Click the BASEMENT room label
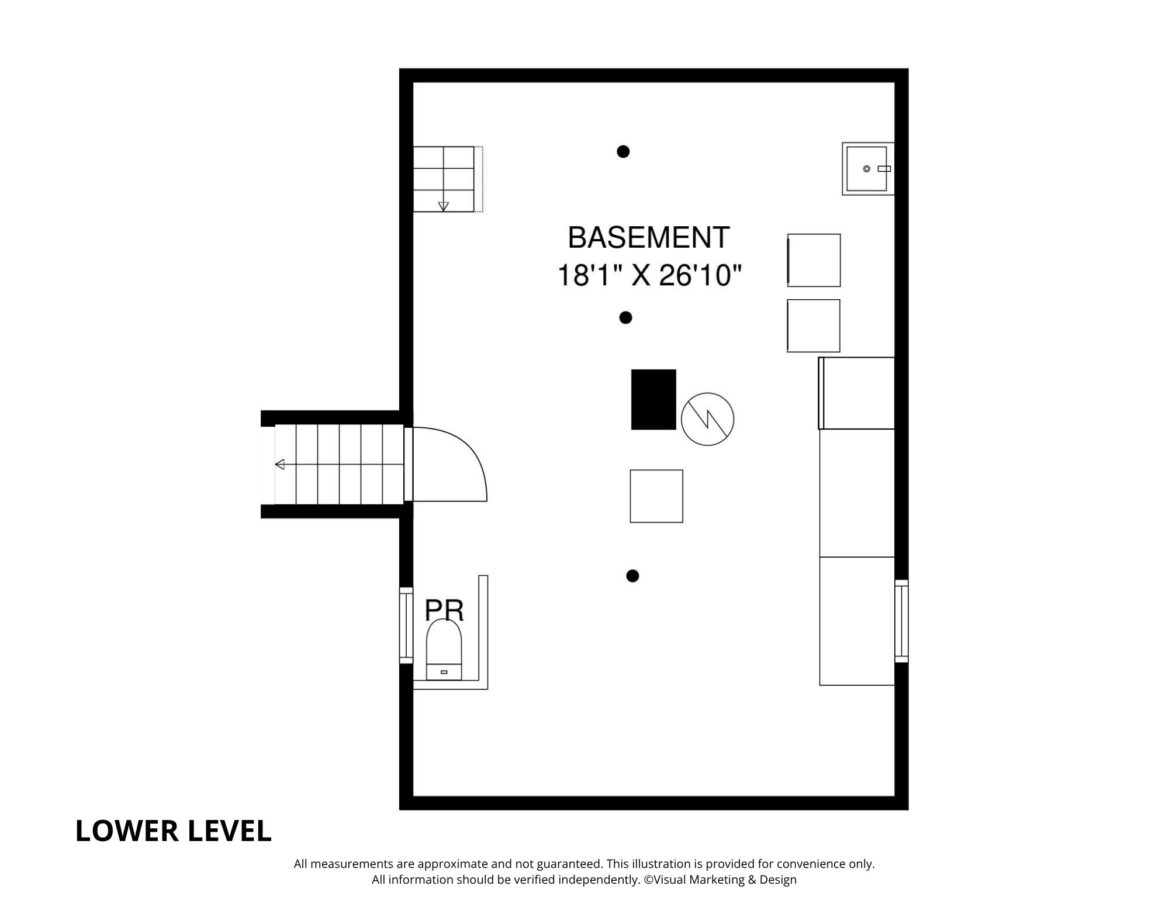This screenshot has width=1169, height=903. pos(648,237)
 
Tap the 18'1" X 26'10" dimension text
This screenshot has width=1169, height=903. pos(649,275)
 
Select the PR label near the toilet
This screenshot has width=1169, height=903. pos(444,610)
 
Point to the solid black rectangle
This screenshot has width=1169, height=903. pos(653,399)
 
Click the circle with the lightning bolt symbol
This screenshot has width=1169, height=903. pos(707,418)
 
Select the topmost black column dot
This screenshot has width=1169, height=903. pos(623,151)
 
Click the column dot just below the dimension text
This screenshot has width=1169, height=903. pos(625,318)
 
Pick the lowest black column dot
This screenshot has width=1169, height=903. pos(632,576)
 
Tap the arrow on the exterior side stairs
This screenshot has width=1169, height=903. pos(280,465)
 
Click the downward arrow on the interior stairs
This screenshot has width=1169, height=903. pos(443,206)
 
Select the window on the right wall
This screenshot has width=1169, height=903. pos(901,621)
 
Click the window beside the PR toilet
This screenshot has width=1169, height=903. pos(406,625)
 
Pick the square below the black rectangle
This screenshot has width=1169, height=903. pos(656,496)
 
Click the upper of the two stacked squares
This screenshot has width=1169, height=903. pos(814,260)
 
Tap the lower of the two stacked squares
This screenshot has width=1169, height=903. pos(814,326)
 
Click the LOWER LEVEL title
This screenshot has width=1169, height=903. pos(174,831)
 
